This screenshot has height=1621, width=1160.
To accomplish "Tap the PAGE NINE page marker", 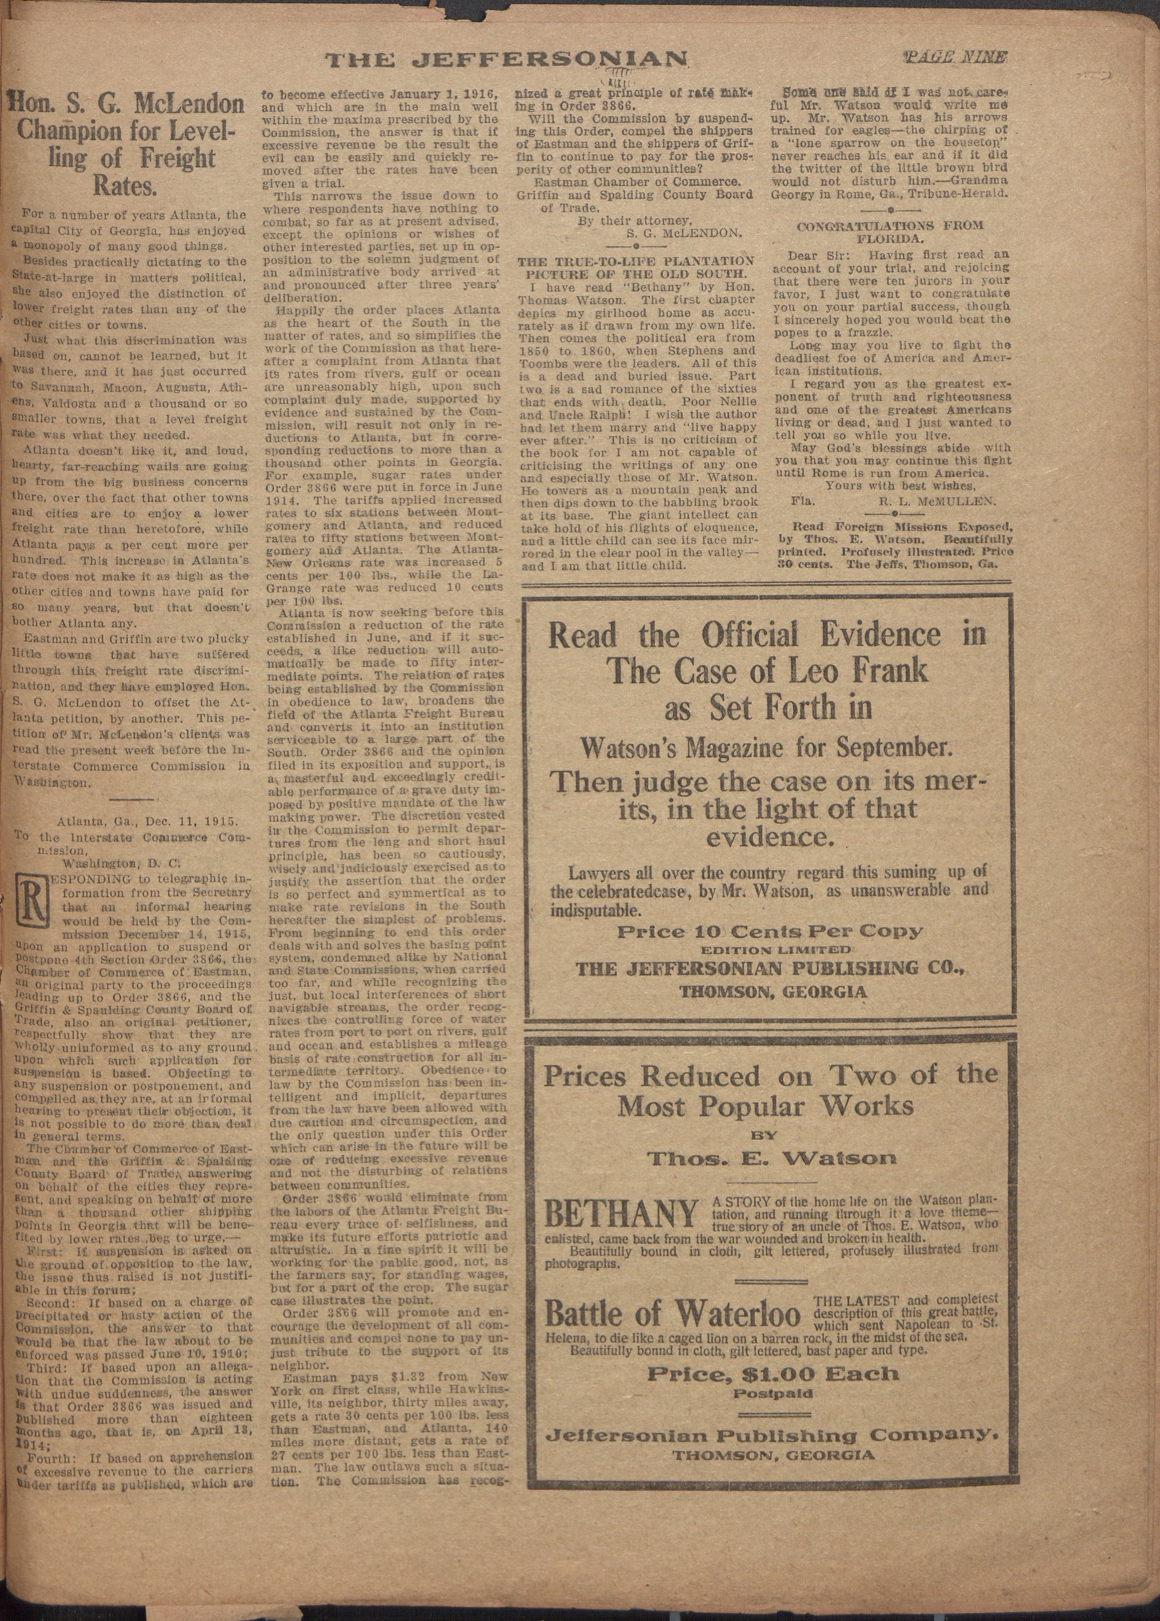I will tap(955, 58).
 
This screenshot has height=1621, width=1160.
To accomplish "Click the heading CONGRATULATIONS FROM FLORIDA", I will tap(889, 232).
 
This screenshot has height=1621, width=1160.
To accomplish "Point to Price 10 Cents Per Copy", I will tap(770, 932).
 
